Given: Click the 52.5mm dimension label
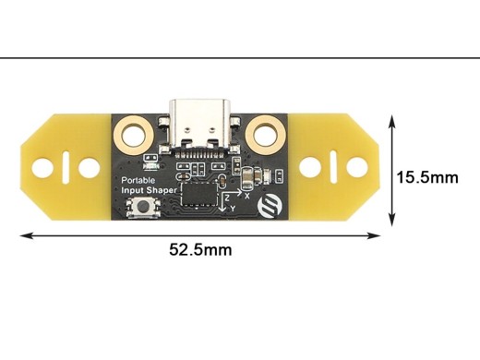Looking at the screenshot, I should click(x=199, y=249).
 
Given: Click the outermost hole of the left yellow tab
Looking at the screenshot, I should click(x=41, y=167).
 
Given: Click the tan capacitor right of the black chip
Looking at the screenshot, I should click(x=249, y=176).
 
